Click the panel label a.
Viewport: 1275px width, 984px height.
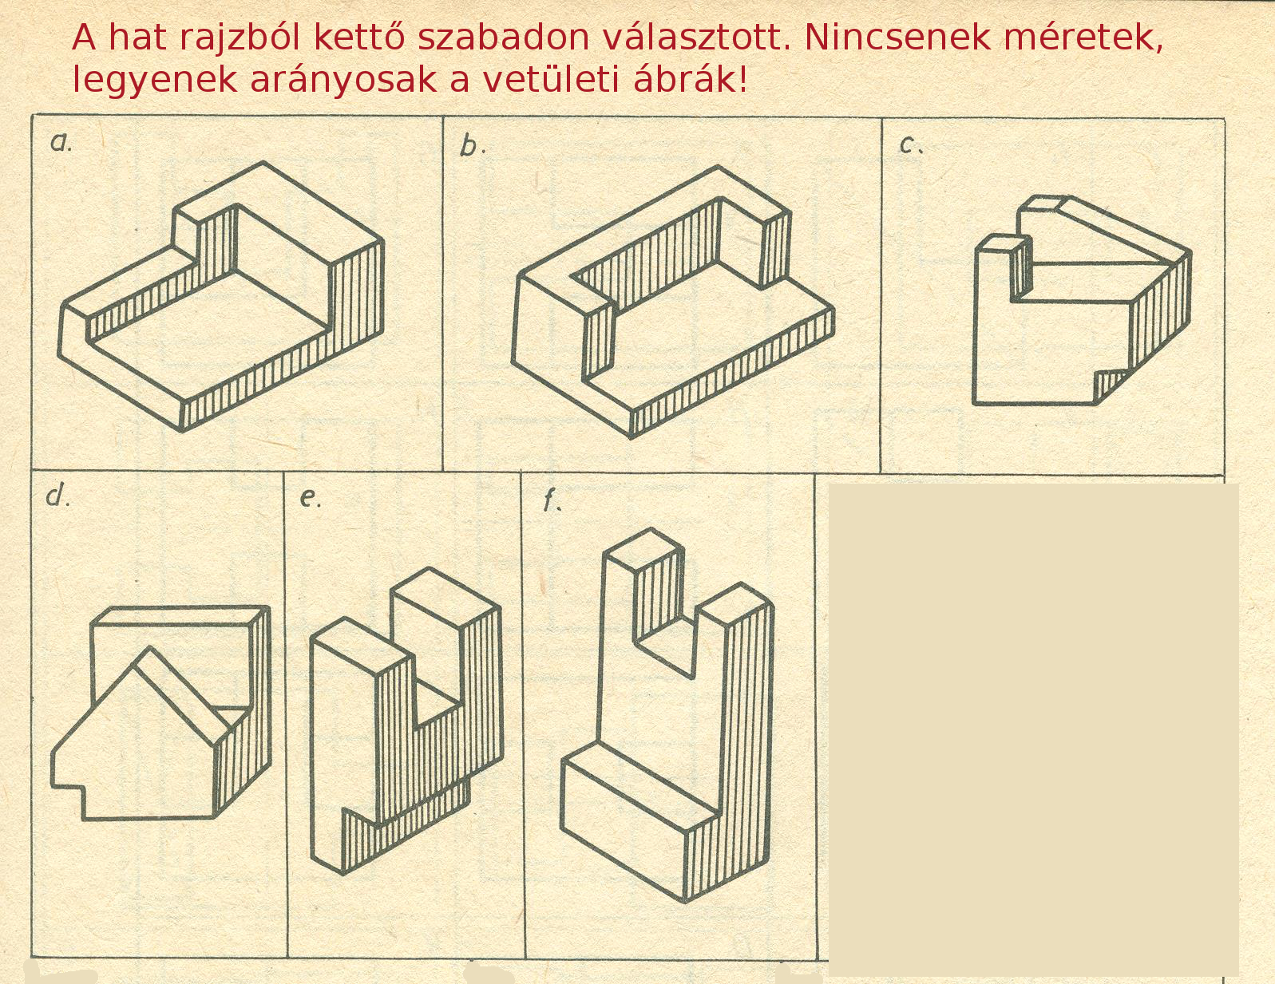click(61, 142)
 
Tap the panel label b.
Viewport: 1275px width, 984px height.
click(473, 146)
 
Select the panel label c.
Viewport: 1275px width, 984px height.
click(911, 144)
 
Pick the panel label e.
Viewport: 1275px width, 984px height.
click(310, 499)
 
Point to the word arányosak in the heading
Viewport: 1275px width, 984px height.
click(344, 81)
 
